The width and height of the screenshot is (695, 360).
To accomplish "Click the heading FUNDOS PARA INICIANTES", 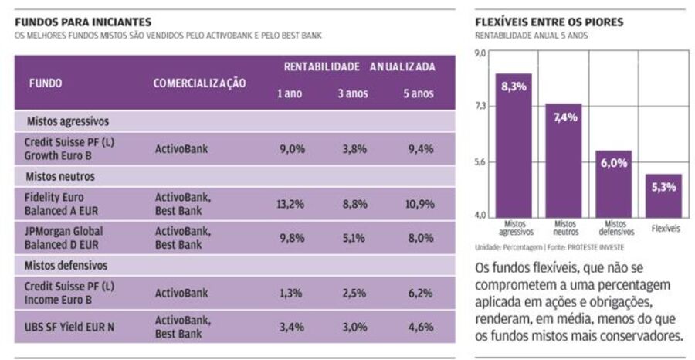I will [x=83, y=22].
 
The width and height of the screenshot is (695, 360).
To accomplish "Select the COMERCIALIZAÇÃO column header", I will [x=199, y=83].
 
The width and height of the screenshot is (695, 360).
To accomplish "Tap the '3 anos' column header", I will [x=351, y=94].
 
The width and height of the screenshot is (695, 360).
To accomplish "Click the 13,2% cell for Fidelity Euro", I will [x=292, y=204].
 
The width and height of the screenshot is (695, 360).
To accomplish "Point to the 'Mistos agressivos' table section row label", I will [x=68, y=121].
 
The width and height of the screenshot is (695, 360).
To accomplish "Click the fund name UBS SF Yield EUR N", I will [x=69, y=327].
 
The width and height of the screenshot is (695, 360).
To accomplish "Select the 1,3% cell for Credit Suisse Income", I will [x=292, y=293].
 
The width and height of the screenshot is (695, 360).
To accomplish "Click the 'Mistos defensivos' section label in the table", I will [x=67, y=266].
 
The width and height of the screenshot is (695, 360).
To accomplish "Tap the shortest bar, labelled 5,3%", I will [x=663, y=196].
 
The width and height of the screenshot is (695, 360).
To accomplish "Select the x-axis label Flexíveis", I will [x=665, y=229].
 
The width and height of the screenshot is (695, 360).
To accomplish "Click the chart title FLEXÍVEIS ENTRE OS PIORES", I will [x=549, y=22].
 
